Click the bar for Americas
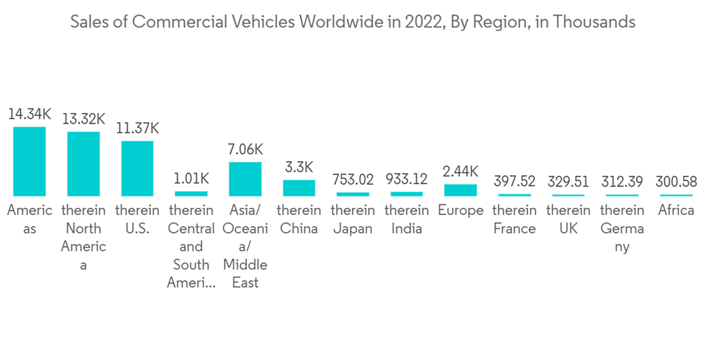tap(30, 161)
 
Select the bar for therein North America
tap(84, 164)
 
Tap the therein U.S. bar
tap(137, 169)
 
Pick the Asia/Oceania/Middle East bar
tap(245, 179)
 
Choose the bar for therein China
tap(298, 188)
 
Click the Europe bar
tap(460, 190)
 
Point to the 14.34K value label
tap(30, 114)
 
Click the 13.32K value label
tap(84, 119)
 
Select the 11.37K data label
tap(137, 129)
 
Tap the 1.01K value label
tap(191, 179)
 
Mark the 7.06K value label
tap(245, 149)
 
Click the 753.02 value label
tap(353, 180)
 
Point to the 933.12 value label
tap(406, 179)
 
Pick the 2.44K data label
tap(460, 172)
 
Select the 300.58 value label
tap(675, 182)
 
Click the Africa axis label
tap(675, 211)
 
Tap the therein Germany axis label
tap(621, 229)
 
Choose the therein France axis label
tap(514, 219)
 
